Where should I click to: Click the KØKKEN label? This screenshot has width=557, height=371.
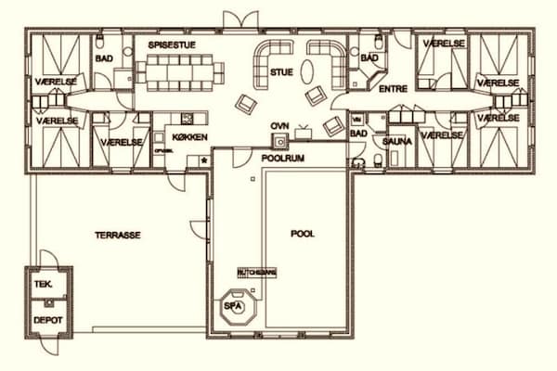[188, 137]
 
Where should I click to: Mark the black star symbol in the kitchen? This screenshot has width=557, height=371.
[204, 160]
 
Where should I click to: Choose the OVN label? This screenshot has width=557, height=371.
[278, 124]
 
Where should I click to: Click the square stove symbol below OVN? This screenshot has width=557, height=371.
[278, 141]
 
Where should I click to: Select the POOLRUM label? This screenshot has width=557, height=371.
[281, 159]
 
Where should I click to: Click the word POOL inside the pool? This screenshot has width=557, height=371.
[303, 234]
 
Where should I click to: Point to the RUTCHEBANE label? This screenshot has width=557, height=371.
[256, 272]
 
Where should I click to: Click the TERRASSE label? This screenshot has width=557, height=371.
[118, 236]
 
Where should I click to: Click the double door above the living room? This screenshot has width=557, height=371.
[236, 18]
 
